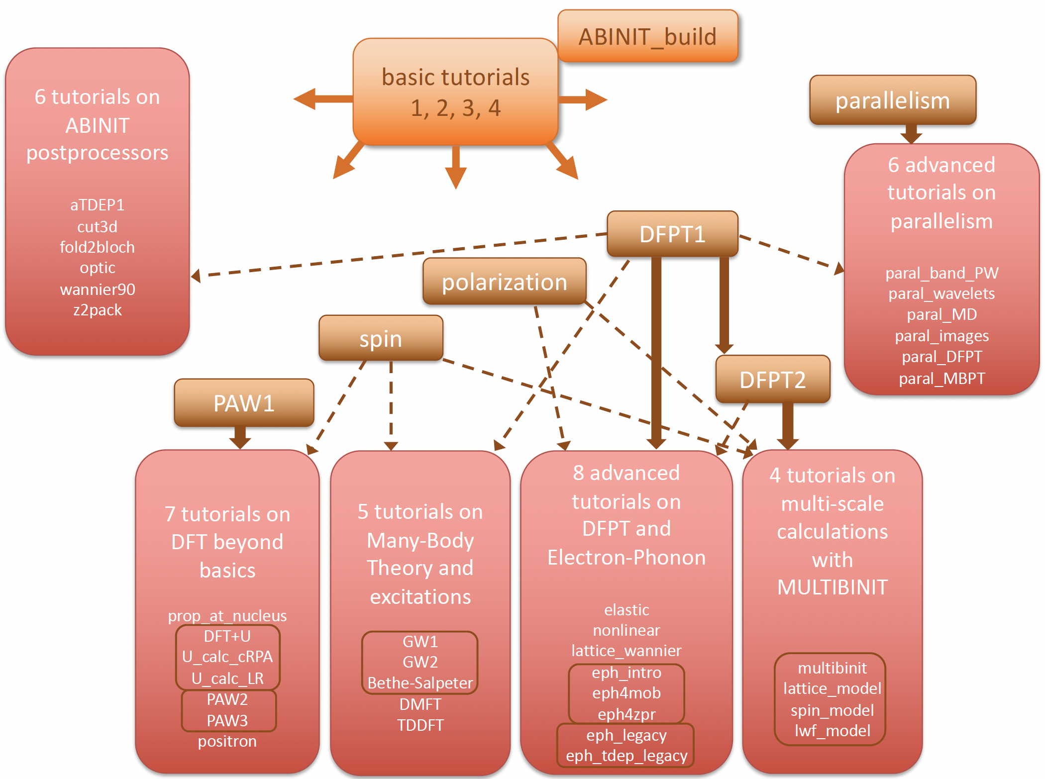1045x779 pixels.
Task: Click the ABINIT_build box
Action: (647, 37)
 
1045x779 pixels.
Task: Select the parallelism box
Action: (892, 100)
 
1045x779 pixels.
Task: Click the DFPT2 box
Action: (772, 380)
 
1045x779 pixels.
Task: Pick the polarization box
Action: (504, 282)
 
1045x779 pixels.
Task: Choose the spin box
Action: (381, 339)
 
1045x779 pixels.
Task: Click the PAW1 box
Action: (244, 403)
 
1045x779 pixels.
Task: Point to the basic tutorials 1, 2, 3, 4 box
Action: (455, 93)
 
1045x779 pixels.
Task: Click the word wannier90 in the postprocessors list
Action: (98, 290)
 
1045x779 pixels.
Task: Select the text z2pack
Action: (98, 310)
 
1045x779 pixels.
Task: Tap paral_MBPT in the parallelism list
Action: (941, 379)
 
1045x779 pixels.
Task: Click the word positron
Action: (227, 741)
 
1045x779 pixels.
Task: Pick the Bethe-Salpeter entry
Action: (420, 683)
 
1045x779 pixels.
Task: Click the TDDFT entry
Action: (420, 725)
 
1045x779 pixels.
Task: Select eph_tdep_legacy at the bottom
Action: (627, 756)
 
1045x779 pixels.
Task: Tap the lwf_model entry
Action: (832, 731)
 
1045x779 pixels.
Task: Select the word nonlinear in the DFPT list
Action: (627, 630)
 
